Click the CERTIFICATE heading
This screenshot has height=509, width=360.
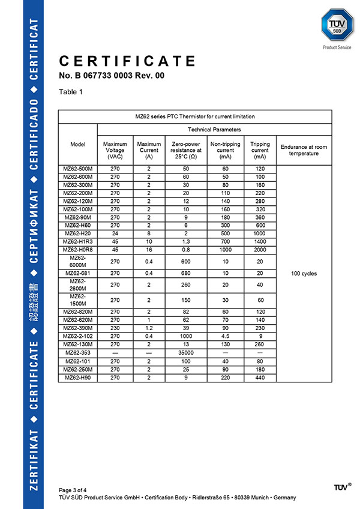(x=127, y=61)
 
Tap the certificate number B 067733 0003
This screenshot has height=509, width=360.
(x=112, y=76)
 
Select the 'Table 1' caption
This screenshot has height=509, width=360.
(x=71, y=92)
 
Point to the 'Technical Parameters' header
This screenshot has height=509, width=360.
(x=214, y=130)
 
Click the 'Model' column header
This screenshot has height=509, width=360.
(x=78, y=145)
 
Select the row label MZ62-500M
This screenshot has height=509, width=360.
(x=78, y=169)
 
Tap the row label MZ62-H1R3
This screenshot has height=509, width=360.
(x=78, y=241)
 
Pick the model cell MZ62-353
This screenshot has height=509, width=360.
(x=78, y=354)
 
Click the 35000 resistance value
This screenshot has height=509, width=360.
(x=185, y=354)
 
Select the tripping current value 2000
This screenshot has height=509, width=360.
(x=260, y=249)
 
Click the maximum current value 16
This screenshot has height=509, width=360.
(x=149, y=249)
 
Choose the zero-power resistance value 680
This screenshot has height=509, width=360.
(x=185, y=273)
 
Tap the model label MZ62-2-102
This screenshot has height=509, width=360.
(x=78, y=337)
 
